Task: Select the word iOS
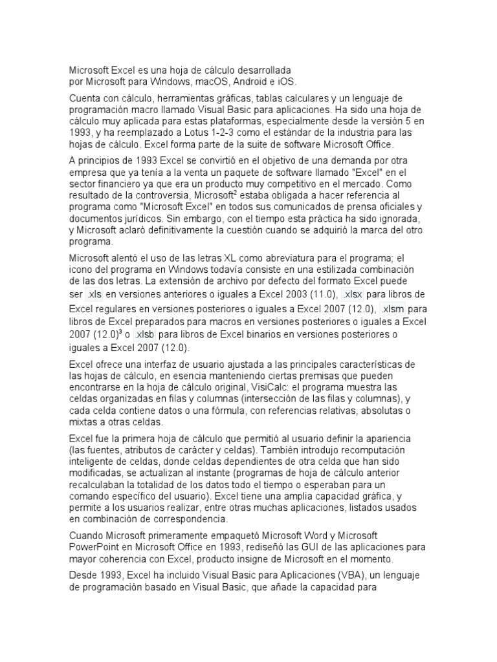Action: (x=285, y=82)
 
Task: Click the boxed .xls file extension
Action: (x=94, y=294)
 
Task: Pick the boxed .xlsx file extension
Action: (x=354, y=294)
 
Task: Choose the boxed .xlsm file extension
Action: (x=393, y=309)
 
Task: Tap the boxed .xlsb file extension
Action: (x=145, y=335)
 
